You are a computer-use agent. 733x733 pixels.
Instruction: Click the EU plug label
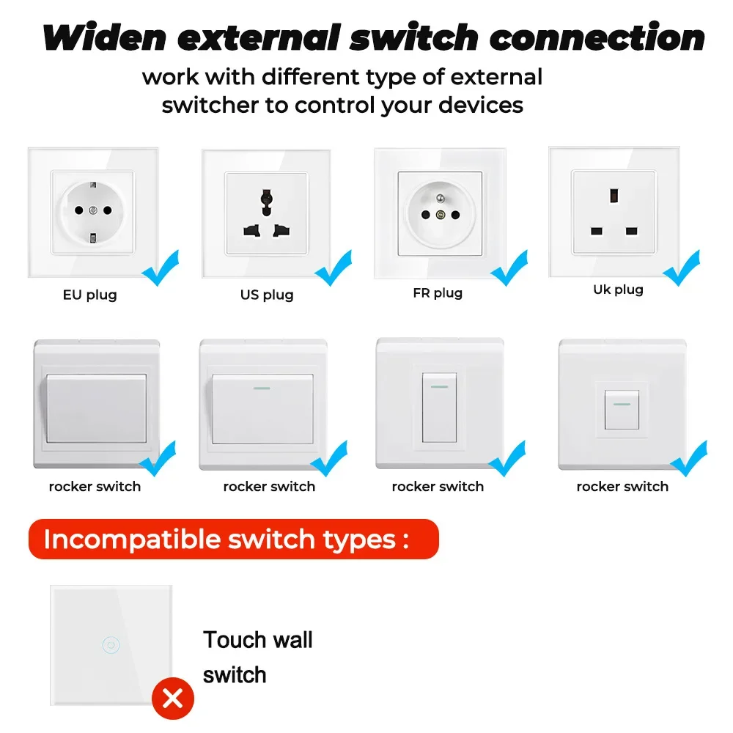point(89,295)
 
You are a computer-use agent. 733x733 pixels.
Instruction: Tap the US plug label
point(267,295)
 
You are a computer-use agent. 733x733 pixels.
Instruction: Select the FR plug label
point(438,293)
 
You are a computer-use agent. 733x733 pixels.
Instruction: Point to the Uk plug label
point(618,290)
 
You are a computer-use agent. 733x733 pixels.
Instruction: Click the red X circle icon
point(173,698)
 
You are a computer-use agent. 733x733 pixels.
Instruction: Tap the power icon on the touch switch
point(111,646)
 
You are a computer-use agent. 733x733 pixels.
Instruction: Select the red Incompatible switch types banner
point(233,539)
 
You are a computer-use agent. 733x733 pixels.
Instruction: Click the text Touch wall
point(258,640)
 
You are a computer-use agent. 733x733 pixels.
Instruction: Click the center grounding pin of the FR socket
point(440,216)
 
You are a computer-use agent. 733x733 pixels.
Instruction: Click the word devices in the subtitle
point(481,105)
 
